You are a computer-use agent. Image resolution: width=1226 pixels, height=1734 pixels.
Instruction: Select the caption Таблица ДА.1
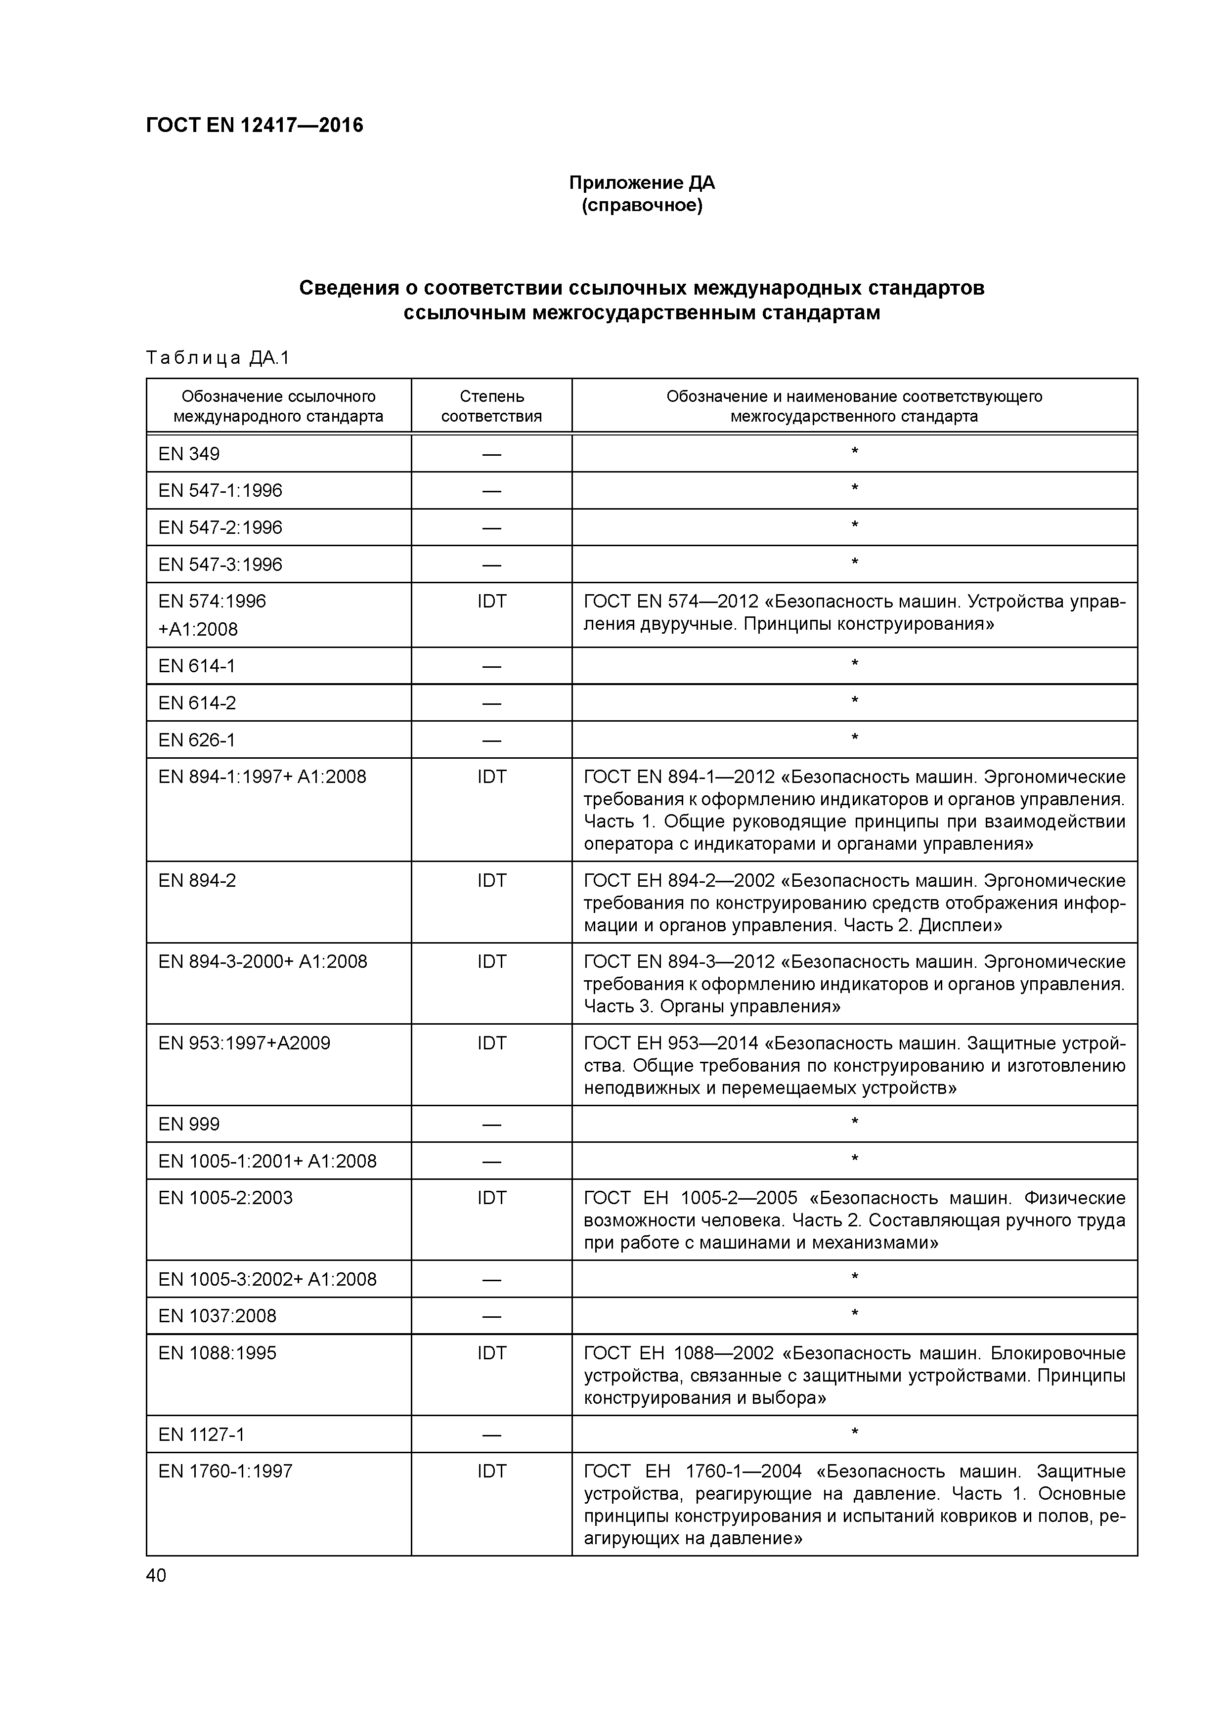[218, 357]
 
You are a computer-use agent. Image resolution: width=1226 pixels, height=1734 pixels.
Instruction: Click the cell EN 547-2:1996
[220, 527]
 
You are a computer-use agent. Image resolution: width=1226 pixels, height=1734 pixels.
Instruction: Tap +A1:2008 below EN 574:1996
[198, 629]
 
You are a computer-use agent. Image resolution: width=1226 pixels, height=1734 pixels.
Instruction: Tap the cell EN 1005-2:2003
[225, 1198]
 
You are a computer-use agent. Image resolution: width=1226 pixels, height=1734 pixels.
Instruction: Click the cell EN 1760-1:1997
[225, 1471]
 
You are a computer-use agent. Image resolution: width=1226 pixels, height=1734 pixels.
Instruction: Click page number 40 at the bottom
[156, 1575]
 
